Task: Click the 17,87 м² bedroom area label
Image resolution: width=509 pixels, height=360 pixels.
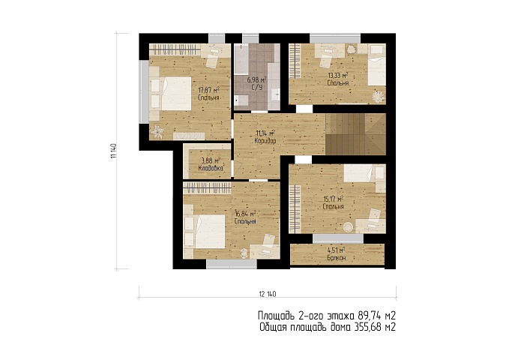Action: pos(209,90)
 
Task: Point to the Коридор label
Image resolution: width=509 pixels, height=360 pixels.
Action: pos(265,141)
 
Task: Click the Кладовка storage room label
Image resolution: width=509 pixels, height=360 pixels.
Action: pos(211,168)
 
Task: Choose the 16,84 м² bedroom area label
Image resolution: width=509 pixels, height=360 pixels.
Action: pos(246,214)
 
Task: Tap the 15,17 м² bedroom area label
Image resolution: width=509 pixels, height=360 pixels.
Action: pos(334,199)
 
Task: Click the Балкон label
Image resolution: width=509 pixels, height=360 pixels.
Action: pos(337,258)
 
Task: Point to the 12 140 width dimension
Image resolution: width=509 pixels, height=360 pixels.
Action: pos(268,294)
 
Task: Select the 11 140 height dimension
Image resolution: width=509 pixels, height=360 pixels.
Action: pos(113,151)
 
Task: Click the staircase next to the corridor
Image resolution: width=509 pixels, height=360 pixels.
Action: pos(356,133)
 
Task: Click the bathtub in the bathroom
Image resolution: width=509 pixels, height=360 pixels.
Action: pos(241,59)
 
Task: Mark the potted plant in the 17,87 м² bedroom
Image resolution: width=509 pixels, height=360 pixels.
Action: pos(157,132)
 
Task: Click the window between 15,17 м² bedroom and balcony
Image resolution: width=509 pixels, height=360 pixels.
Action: pos(338,238)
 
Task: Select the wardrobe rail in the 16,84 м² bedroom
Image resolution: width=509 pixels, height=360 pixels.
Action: pos(207,187)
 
